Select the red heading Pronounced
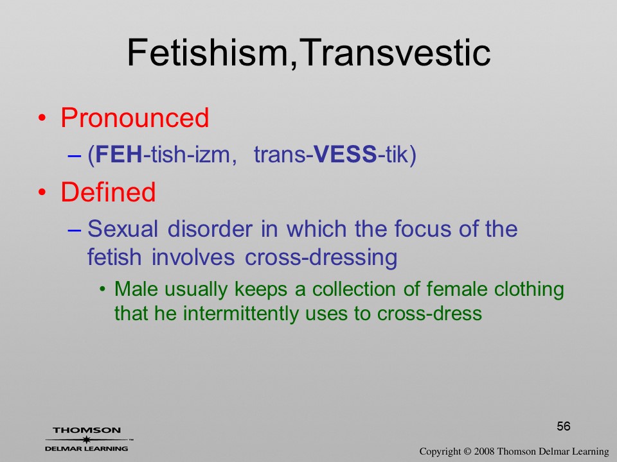point(134,117)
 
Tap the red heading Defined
point(108,192)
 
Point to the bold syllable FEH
point(118,154)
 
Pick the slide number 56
point(564,426)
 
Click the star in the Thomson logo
point(87,440)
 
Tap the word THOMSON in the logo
point(87,430)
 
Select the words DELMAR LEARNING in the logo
point(87,449)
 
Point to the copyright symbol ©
point(467,451)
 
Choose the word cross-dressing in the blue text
point(321,257)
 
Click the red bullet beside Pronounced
point(42,118)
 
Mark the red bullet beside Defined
point(42,193)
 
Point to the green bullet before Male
point(103,289)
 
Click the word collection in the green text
point(353,289)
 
